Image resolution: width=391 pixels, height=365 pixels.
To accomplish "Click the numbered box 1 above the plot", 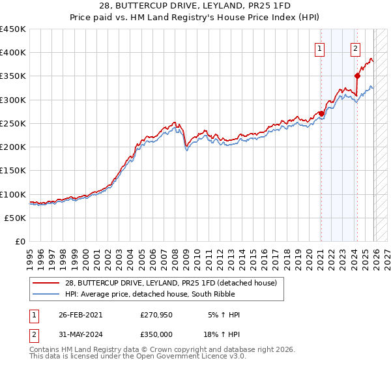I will coord(320,48).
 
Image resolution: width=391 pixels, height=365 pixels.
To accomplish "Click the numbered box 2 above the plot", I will coord(355,48).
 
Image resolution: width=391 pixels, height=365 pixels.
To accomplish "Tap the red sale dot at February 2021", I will coord(321,113).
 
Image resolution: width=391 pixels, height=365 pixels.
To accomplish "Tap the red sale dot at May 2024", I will coord(357,76).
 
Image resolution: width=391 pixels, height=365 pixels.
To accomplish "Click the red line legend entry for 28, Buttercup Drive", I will coord(174,282).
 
